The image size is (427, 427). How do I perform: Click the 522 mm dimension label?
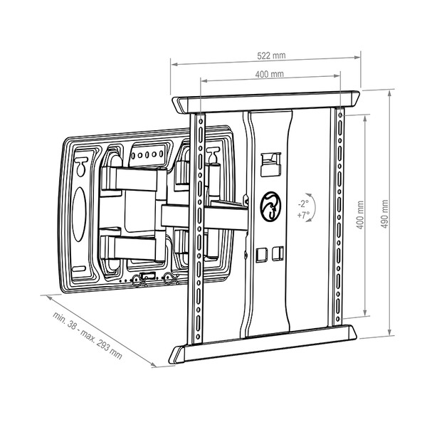[x=272, y=56]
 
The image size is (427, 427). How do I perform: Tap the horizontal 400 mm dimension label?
[x=269, y=74]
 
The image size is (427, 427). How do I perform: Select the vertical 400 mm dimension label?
[x=360, y=215]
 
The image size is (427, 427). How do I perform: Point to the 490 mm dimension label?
[x=384, y=214]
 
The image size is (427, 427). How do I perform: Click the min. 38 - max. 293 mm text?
[x=88, y=335]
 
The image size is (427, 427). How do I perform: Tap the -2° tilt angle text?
[x=303, y=204]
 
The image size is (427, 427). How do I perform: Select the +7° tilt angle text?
[x=303, y=215]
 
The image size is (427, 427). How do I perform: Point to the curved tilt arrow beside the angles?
[x=312, y=207]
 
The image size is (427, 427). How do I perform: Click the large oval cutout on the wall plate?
[x=79, y=215]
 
